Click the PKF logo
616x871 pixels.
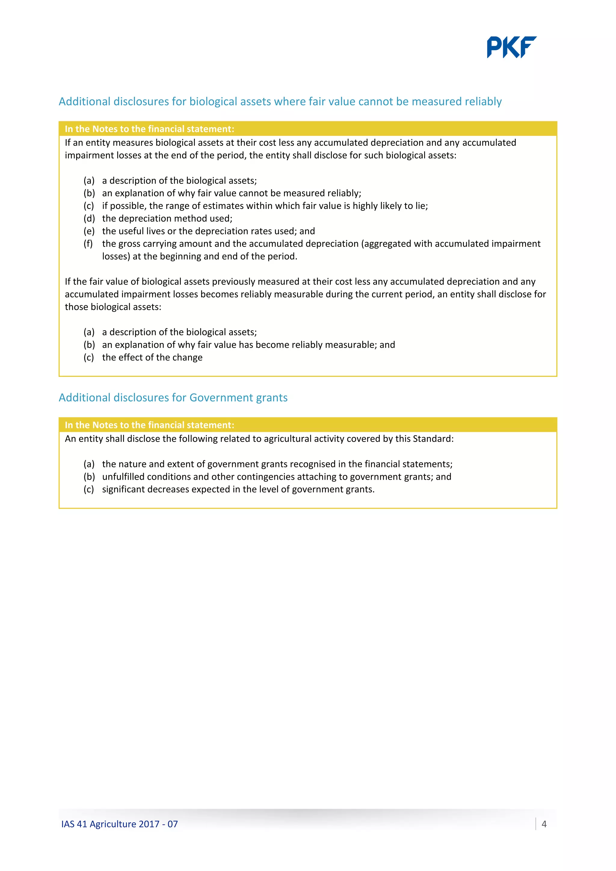[511, 47]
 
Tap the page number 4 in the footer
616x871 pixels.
[544, 824]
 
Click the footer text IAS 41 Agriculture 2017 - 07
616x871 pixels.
[119, 824]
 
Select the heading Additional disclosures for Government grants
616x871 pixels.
[173, 398]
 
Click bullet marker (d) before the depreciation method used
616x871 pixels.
[89, 219]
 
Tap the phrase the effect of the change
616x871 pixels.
[152, 357]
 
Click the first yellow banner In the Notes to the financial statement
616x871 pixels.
[149, 129]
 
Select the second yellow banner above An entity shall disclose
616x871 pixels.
[149, 425]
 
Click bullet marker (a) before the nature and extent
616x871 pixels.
[89, 464]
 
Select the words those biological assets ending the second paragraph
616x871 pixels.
[113, 307]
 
